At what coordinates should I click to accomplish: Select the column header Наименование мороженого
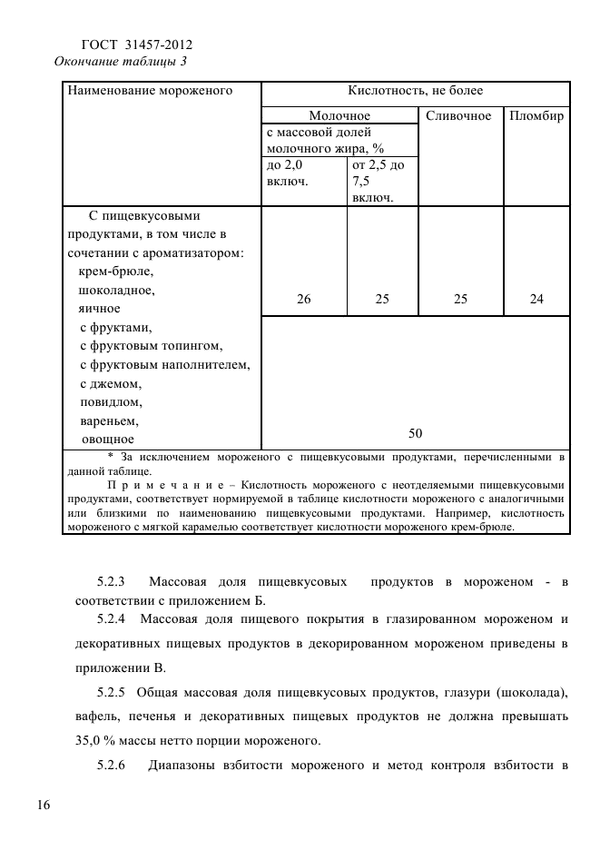[x=150, y=91]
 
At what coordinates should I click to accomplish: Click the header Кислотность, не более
[x=416, y=91]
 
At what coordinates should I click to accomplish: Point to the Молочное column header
[x=339, y=116]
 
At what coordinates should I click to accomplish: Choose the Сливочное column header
[x=458, y=116]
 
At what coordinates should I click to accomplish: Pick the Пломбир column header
[x=536, y=116]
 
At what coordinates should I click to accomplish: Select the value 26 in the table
[x=303, y=299]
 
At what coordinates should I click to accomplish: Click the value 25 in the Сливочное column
[x=460, y=299]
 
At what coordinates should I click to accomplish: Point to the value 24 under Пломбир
[x=536, y=299]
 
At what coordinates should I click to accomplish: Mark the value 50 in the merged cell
[x=416, y=433]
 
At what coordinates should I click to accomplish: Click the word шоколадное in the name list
[x=117, y=291]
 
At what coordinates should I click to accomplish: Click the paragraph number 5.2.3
[x=113, y=580]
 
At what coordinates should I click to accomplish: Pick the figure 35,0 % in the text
[x=101, y=737]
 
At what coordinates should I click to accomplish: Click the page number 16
[x=43, y=806]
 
